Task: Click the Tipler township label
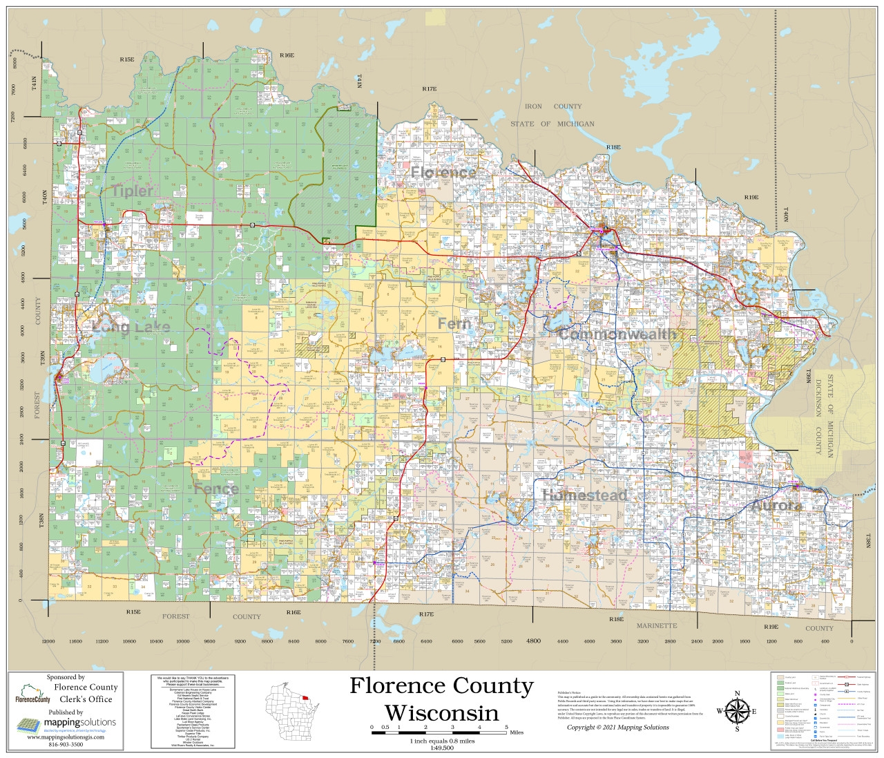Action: click(133, 191)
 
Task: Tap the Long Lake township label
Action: click(131, 327)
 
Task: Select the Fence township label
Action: click(216, 489)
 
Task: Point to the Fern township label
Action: click(454, 323)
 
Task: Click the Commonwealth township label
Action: click(617, 334)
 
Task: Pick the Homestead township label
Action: click(584, 495)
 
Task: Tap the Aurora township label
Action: click(776, 506)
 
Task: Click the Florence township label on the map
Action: click(443, 172)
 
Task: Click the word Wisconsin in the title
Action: click(441, 712)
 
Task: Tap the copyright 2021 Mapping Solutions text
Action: click(617, 727)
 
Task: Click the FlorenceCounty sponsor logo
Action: click(32, 694)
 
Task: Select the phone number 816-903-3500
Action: click(66, 745)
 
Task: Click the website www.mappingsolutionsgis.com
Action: click(66, 737)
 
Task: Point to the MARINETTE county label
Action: click(656, 626)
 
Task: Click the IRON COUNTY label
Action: click(552, 106)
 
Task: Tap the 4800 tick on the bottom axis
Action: click(533, 641)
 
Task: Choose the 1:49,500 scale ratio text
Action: click(442, 748)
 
